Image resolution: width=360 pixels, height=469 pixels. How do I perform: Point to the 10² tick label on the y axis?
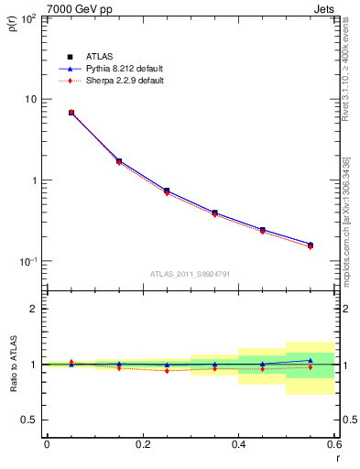28,18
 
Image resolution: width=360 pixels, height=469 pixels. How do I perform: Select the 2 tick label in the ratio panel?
34,309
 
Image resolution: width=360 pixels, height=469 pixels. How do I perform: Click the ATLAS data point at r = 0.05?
71,113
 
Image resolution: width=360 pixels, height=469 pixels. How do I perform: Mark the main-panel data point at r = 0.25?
167,191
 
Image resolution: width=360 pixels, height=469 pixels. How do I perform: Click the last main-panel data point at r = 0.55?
311,245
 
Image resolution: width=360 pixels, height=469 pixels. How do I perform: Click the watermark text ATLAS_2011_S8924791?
191,273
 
